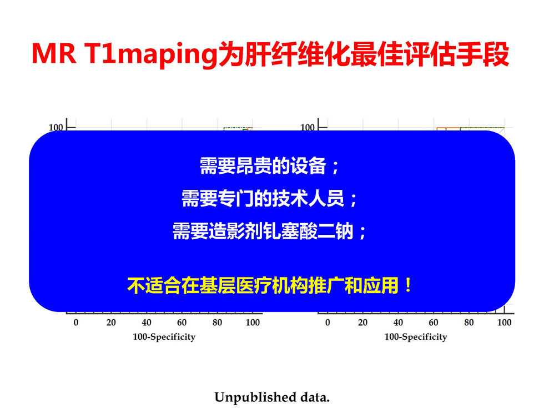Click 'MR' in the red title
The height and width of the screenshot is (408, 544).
pos(54,54)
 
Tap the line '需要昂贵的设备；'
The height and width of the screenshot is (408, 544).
pos(270,166)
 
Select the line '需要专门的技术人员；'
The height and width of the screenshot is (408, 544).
pos(270,199)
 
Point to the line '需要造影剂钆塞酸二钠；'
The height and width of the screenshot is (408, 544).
pos(270,231)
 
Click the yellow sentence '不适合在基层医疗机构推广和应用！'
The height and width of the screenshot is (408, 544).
pos(270,285)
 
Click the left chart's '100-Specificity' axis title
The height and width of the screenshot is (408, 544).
pos(164,337)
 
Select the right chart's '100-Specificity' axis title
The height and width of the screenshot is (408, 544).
pos(416,337)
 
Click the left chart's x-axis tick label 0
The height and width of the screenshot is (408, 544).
pos(76,323)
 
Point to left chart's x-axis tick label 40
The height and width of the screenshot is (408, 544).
pos(147,323)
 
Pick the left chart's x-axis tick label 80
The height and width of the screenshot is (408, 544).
pos(217,323)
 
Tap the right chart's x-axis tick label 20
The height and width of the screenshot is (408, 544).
pos(363,323)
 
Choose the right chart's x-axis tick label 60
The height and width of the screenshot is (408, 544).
pos(434,323)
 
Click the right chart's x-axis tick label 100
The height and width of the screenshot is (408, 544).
pos(504,323)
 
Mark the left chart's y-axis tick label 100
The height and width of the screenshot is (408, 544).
pos(56,127)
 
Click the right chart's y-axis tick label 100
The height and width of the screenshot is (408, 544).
pos(308,127)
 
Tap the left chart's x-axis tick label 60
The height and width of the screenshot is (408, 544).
pos(182,323)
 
